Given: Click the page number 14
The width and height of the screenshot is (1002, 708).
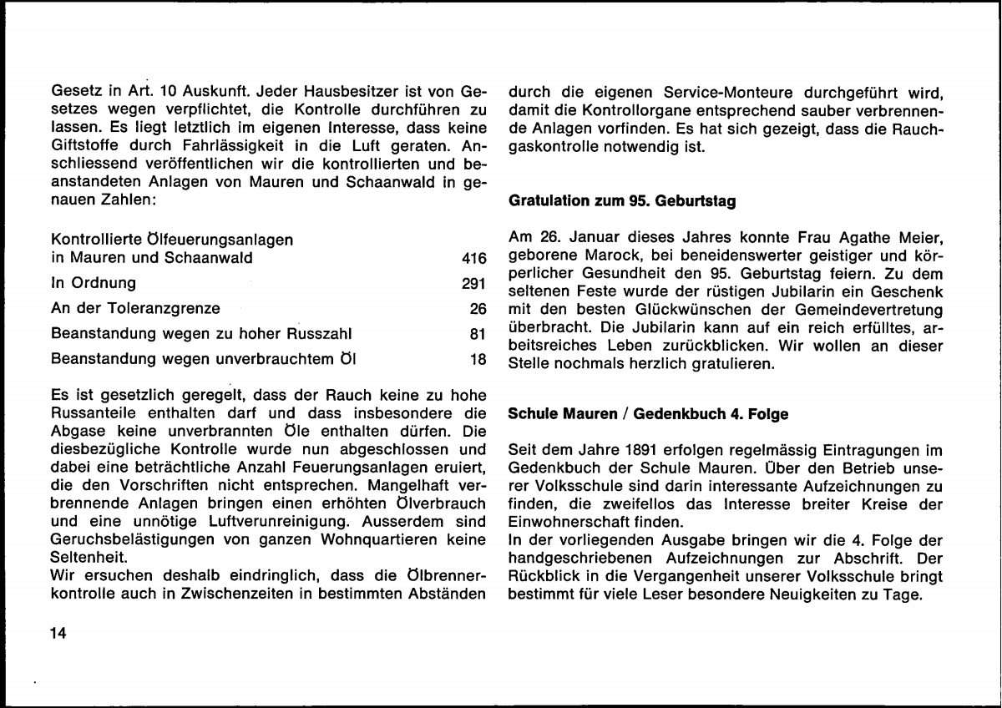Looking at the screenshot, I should [x=58, y=633].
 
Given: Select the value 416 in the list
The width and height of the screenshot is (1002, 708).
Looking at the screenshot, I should [x=473, y=258].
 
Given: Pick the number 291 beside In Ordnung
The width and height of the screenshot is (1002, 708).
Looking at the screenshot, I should [x=473, y=283].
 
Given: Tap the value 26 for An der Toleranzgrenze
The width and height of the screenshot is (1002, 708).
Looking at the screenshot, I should [x=478, y=309].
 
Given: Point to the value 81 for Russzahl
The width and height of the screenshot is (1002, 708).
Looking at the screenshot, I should [x=478, y=335].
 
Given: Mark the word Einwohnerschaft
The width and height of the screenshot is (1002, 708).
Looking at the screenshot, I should [x=567, y=522].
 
